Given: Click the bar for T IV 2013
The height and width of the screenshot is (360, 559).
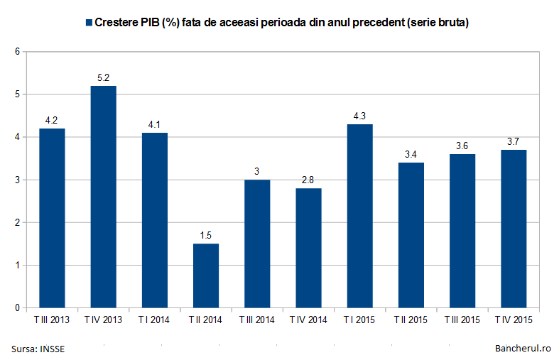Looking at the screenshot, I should (102, 197).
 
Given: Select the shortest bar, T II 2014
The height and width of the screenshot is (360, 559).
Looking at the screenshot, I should (206, 276).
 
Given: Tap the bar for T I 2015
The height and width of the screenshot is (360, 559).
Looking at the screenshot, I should (360, 216).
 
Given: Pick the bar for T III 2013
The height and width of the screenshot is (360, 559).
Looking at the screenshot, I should (52, 218).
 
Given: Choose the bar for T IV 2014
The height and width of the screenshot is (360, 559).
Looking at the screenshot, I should (309, 248).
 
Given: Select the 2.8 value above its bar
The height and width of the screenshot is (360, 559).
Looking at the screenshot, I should (309, 180).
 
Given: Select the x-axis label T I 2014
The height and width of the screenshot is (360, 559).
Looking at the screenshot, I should (154, 320).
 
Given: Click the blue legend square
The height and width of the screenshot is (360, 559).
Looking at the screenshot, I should (89, 23).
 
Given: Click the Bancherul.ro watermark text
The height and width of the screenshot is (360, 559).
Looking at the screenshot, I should (523, 349).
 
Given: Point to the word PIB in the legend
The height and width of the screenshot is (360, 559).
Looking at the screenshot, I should (152, 23).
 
